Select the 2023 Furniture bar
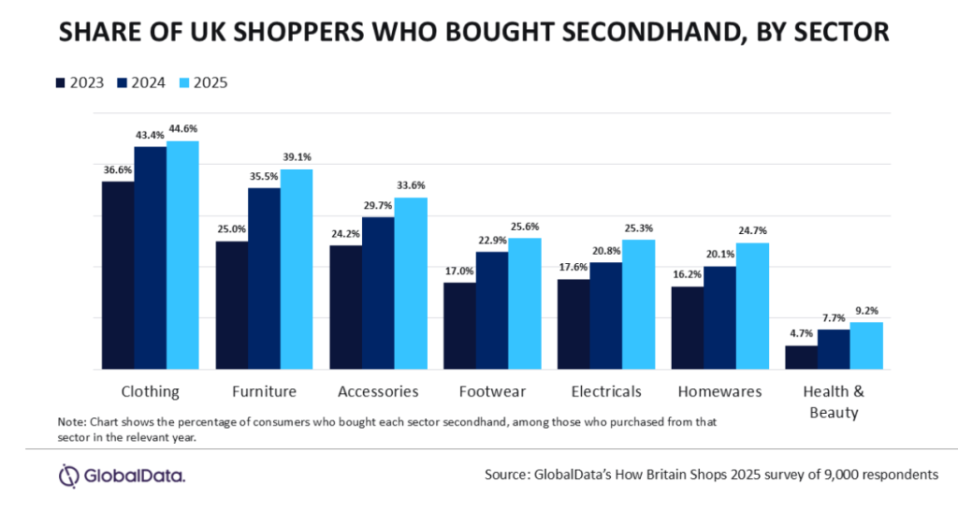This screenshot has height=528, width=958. click(x=232, y=305)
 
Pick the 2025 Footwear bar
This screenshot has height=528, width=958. click(x=525, y=303)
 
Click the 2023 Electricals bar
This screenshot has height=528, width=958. click(x=573, y=324)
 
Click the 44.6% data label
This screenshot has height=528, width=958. click(x=182, y=129)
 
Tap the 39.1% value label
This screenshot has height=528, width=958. click(x=297, y=157)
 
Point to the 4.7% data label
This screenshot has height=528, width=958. click(x=801, y=334)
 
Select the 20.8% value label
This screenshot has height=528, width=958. click(x=606, y=251)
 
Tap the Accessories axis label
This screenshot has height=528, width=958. click(x=378, y=391)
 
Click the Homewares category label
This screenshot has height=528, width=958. click(x=720, y=391)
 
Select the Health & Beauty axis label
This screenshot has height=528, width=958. click(x=834, y=402)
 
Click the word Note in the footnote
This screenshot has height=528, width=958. click(x=71, y=421)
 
